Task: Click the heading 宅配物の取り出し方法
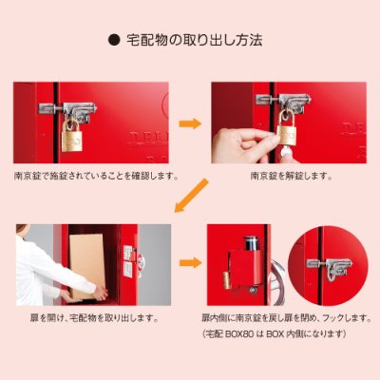click(x=194, y=42)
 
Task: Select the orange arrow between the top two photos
click(x=190, y=123)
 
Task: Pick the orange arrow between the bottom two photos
click(x=190, y=263)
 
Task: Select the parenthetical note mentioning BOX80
click(x=274, y=335)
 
